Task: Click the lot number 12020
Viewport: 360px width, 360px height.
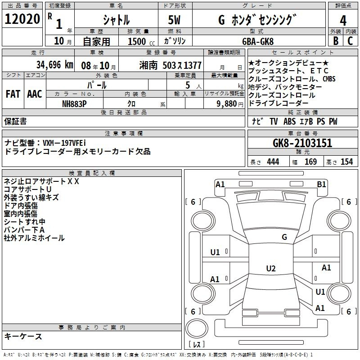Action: [22, 19]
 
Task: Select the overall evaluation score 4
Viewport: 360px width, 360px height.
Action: [343, 21]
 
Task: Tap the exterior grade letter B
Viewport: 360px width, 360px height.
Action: [336, 41]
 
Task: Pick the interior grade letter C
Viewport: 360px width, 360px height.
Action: [350, 41]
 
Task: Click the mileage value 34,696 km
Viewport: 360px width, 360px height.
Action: [54, 65]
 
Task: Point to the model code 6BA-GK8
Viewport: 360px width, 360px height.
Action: [258, 41]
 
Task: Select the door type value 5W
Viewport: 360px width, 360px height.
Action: [174, 20]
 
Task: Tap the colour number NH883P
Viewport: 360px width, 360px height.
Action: [74, 104]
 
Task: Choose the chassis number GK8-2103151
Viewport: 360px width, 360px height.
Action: [302, 143]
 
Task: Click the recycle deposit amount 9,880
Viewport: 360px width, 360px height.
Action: [227, 104]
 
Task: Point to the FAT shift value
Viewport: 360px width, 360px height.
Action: [13, 94]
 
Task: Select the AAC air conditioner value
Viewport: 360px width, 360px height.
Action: [35, 94]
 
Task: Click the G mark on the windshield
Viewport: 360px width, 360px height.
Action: [284, 237]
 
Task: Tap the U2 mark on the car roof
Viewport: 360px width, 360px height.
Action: [271, 268]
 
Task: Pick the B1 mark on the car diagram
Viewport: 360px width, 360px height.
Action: [321, 184]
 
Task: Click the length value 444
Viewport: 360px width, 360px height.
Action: [273, 162]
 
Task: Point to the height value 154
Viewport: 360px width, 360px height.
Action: [346, 162]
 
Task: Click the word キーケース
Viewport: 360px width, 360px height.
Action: [23, 337]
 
